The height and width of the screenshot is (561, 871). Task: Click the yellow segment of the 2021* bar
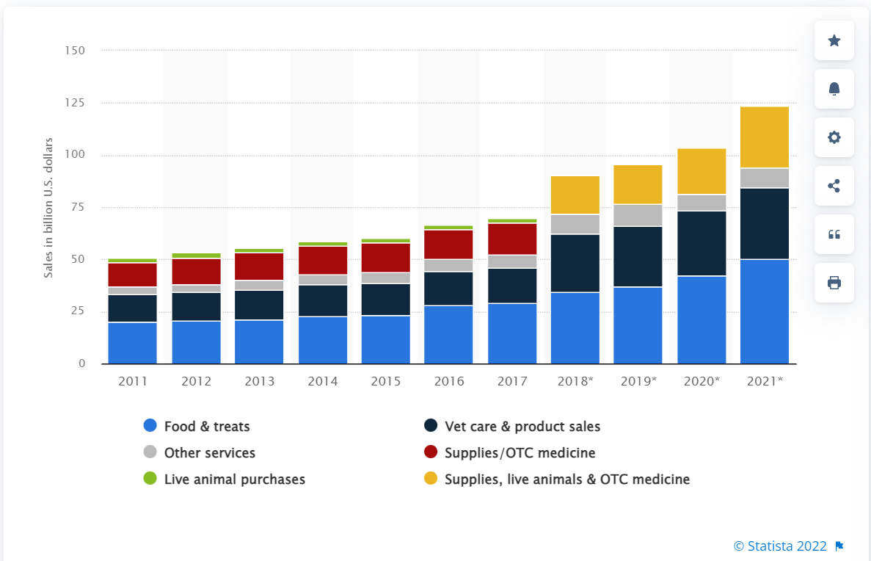765,137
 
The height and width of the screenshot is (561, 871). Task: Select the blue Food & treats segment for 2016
448,334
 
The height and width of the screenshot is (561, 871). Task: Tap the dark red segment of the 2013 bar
259,267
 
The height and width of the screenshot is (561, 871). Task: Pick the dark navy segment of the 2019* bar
638,256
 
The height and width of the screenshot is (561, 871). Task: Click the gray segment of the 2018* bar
575,224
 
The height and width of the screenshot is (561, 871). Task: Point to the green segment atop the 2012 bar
196,256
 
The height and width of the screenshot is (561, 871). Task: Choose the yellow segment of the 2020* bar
701,171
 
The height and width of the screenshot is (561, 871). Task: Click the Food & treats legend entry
207,426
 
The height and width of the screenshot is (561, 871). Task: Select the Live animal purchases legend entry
234,479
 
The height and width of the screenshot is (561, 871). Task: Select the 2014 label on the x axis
322,381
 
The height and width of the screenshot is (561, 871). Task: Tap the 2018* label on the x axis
575,381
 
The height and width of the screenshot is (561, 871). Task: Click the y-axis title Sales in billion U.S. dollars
48,207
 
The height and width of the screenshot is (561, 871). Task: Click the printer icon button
834,283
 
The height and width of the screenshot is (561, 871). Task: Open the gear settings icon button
834,137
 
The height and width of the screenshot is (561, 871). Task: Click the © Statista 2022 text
780,546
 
